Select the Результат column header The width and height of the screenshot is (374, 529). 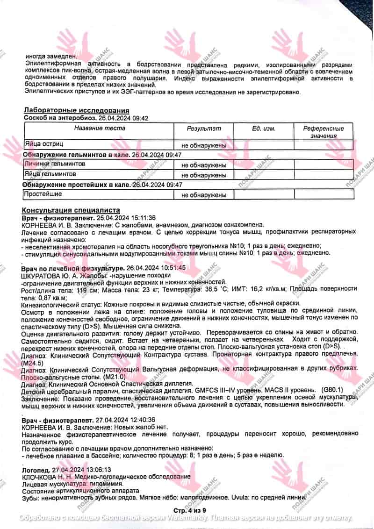pos(204,129)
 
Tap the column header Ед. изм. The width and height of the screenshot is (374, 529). pos(264,129)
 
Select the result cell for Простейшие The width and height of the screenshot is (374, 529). pos(204,195)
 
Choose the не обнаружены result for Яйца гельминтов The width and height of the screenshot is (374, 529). pos(204,175)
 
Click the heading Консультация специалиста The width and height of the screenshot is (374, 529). pos(71,210)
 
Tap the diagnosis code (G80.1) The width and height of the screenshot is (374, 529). pos(332,389)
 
